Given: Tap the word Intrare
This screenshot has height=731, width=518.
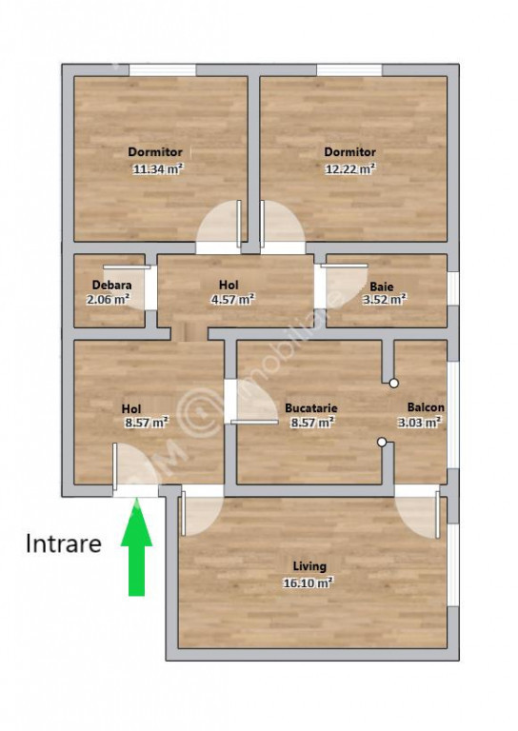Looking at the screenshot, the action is (64, 543).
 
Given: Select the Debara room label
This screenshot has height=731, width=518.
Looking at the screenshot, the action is (112, 285).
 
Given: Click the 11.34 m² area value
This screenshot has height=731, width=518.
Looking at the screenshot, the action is (158, 168).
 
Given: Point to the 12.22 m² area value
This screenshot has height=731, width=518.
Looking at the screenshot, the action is (350, 168).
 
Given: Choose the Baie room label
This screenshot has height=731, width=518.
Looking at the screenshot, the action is (382, 286).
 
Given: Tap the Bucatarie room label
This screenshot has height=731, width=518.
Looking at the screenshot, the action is (311, 408).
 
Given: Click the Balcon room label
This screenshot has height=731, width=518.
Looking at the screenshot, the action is (426, 407).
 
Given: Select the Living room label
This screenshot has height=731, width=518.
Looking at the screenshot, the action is (309, 566).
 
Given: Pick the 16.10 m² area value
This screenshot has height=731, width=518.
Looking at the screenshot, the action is (308, 583).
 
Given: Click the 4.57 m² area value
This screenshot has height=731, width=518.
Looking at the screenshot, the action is (232, 299).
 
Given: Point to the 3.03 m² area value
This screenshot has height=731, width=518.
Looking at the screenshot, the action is (419, 423).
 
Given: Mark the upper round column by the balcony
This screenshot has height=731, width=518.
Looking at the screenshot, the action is (394, 384).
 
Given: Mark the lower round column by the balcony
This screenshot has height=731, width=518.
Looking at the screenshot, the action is (382, 442).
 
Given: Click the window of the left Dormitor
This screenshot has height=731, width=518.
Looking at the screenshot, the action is (162, 69).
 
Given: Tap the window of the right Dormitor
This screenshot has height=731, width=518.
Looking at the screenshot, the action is (349, 69).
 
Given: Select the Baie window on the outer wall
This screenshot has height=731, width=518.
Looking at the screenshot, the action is (453, 289).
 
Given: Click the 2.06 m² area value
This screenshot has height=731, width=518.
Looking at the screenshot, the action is (109, 299).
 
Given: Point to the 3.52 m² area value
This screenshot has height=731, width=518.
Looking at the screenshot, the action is (385, 299).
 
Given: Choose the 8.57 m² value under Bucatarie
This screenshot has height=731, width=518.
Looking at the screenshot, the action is (312, 423).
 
